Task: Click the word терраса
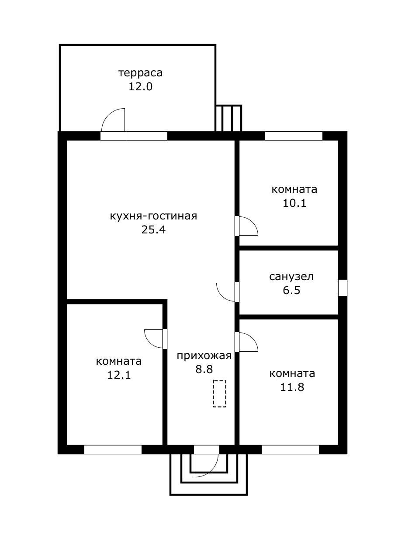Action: pos(140,72)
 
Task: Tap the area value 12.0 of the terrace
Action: pos(140,86)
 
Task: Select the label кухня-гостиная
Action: pos(153,216)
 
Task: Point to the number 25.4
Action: pos(153,230)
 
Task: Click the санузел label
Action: pos(291,277)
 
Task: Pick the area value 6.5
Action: pos(291,291)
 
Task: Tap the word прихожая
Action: pos(204,356)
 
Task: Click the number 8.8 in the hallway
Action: pos(204,370)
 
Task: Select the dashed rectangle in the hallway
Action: pos(219,394)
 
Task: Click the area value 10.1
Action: pos(294,203)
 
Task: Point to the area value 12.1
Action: pos(119,375)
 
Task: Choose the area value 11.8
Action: pos(292,387)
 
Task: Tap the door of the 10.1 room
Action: pos(247,226)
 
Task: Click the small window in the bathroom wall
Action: pos(343,288)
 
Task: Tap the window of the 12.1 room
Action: pos(113,449)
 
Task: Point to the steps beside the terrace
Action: pos(228,118)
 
